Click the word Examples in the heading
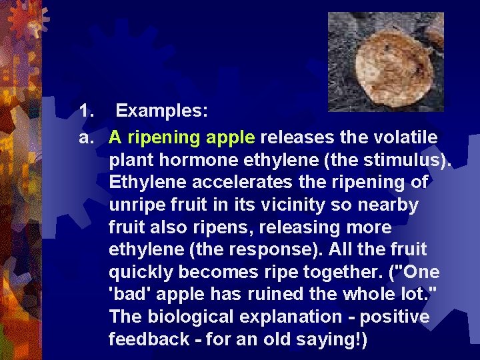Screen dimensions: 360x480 point(162,112)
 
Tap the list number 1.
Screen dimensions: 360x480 point(85,112)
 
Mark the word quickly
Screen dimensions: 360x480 point(142,272)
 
